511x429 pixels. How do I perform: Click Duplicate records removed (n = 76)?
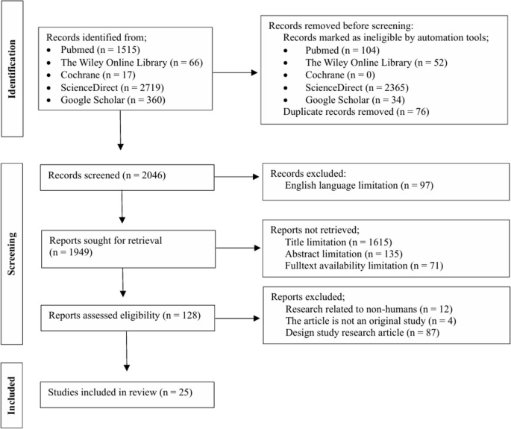coord(349,111)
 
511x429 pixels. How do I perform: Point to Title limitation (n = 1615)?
coord(336,242)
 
